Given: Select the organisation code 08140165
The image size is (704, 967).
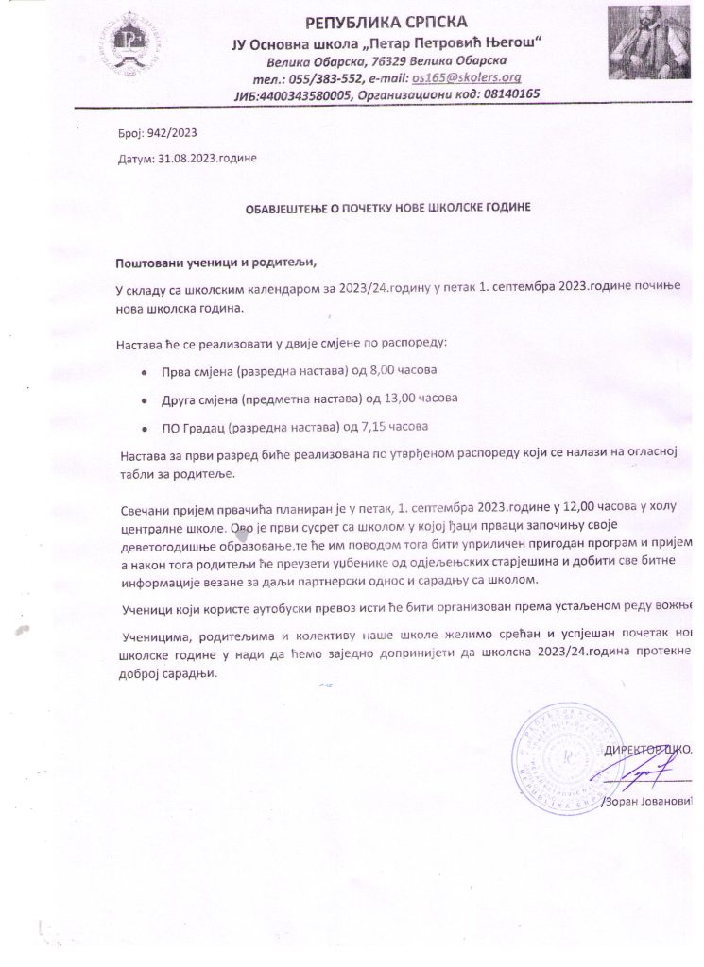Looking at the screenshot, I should click(x=507, y=94).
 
